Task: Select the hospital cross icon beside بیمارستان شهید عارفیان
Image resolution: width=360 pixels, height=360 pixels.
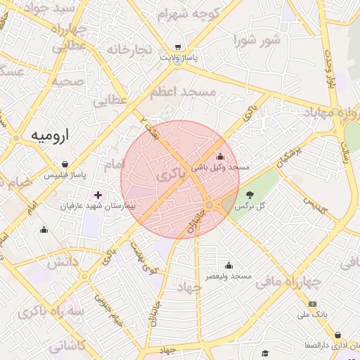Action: [97, 194]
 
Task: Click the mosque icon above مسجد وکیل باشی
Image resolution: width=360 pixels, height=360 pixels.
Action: [221, 157]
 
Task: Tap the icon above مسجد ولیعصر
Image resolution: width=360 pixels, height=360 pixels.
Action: [228, 266]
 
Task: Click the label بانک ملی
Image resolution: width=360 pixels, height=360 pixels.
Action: [313, 314]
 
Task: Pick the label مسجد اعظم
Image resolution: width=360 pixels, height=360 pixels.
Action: [185, 91]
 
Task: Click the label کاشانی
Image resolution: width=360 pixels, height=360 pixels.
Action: [67, 345]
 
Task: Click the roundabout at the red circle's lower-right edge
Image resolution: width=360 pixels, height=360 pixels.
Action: [210, 205]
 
